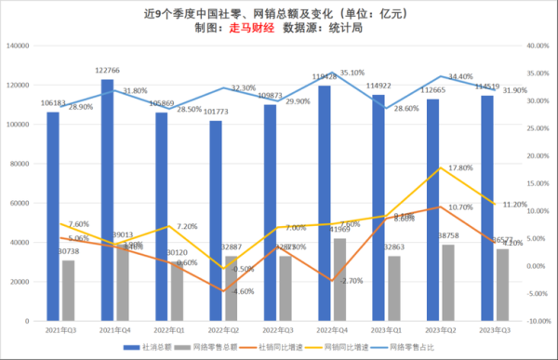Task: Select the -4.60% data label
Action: coord(215,292)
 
